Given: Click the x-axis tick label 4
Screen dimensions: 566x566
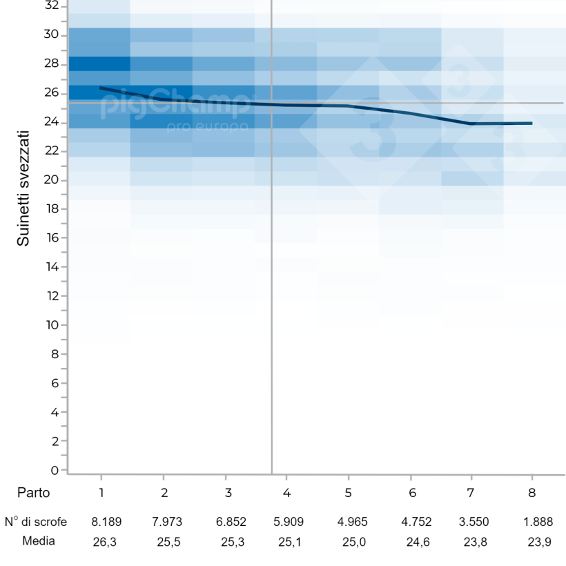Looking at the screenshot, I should tap(286, 494).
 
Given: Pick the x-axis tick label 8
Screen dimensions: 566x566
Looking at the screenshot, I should tap(531, 494).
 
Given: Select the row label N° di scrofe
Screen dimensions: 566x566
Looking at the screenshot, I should tap(35, 523).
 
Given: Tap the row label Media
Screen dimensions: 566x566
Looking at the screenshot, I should tap(39, 541).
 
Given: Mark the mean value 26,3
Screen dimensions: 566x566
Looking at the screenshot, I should tap(104, 542).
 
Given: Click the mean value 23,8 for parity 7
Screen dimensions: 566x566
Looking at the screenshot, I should tap(475, 542).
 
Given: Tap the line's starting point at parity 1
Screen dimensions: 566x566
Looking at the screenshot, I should tap(101, 88).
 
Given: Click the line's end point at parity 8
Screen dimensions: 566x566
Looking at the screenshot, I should tap(531, 123).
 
